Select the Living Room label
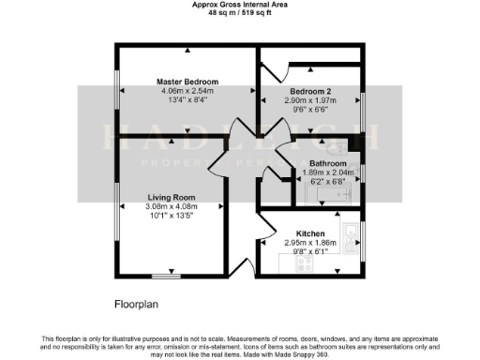pyautogui.click(x=171, y=197)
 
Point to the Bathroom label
pyautogui.click(x=328, y=163)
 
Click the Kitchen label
pyautogui.click(x=310, y=232)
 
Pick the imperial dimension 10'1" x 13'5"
pyautogui.click(x=171, y=216)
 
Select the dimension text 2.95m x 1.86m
pyautogui.click(x=310, y=242)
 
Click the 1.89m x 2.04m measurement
pyautogui.click(x=328, y=172)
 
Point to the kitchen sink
pyautogui.click(x=349, y=230)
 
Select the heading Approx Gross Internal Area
pyautogui.click(x=239, y=5)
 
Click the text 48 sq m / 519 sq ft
pyautogui.click(x=239, y=14)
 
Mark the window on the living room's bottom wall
pyautogui.click(x=167, y=277)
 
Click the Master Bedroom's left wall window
pyautogui.click(x=115, y=90)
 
